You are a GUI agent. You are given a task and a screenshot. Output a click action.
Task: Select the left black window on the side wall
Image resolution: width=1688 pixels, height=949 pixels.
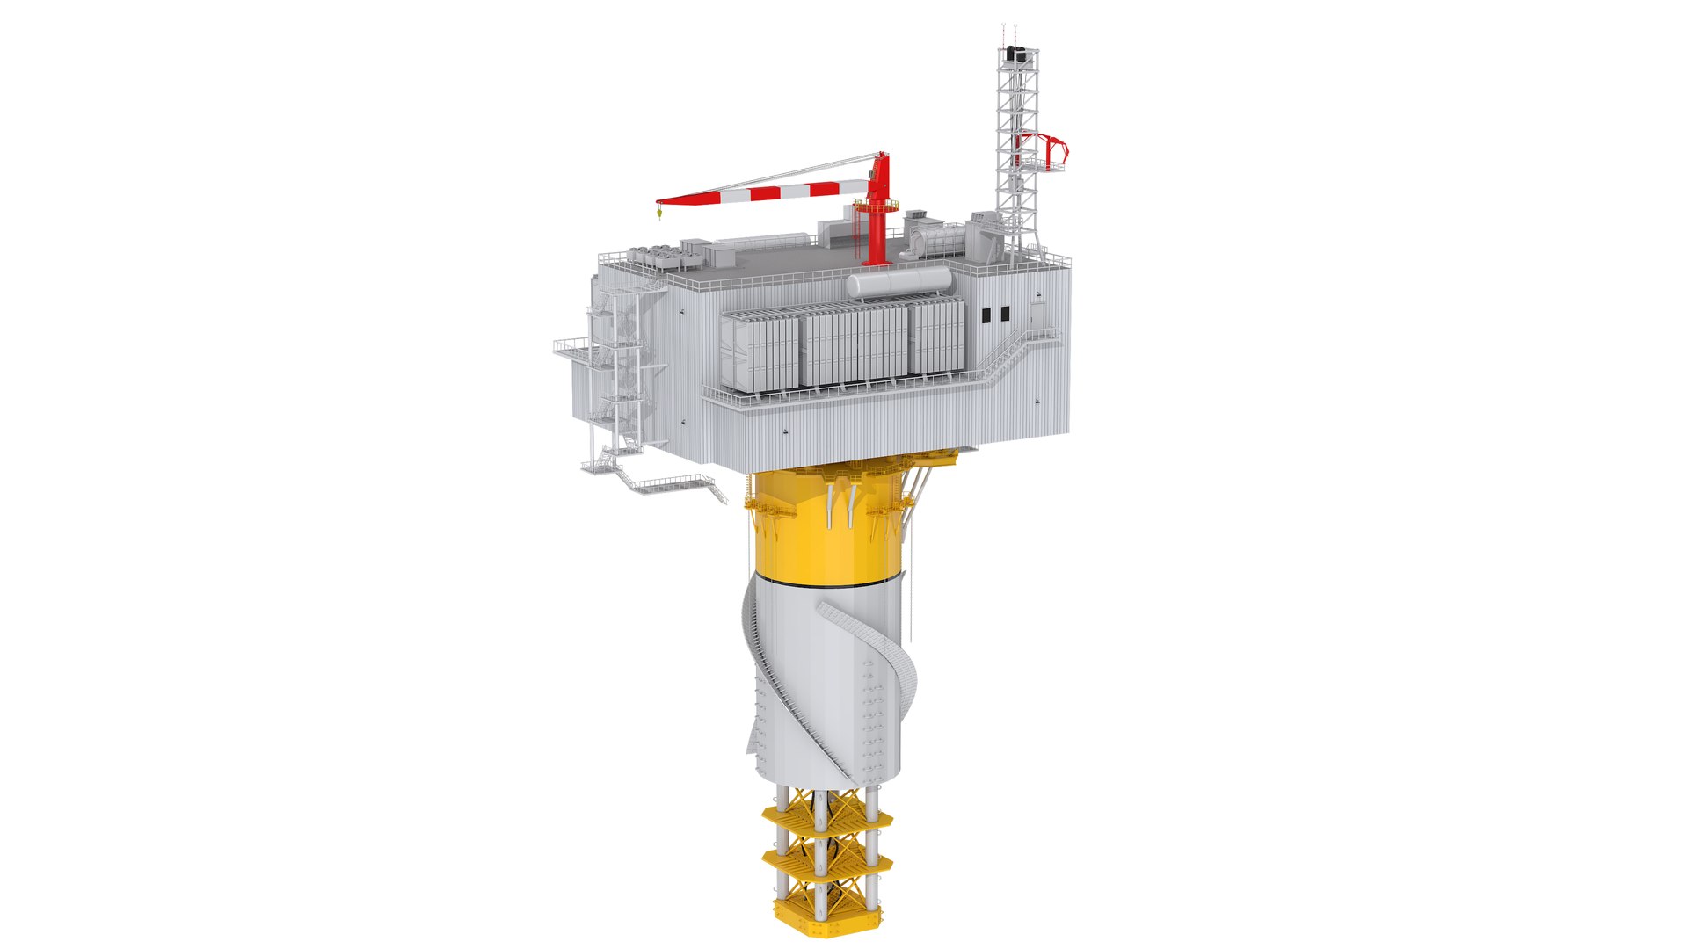pos(986,315)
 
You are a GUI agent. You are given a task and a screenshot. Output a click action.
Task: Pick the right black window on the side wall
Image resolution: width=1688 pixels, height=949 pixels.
pos(1003,314)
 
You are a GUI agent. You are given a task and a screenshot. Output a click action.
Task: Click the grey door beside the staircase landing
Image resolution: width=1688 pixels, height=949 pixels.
pos(1037,315)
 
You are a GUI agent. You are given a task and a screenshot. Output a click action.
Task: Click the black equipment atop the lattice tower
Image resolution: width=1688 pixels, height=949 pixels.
pos(1017,54)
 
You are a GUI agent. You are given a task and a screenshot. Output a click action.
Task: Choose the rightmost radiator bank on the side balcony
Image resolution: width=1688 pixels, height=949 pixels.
pos(937,337)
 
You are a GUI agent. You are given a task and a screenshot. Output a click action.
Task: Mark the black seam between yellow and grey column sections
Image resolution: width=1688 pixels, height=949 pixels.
pos(826,583)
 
